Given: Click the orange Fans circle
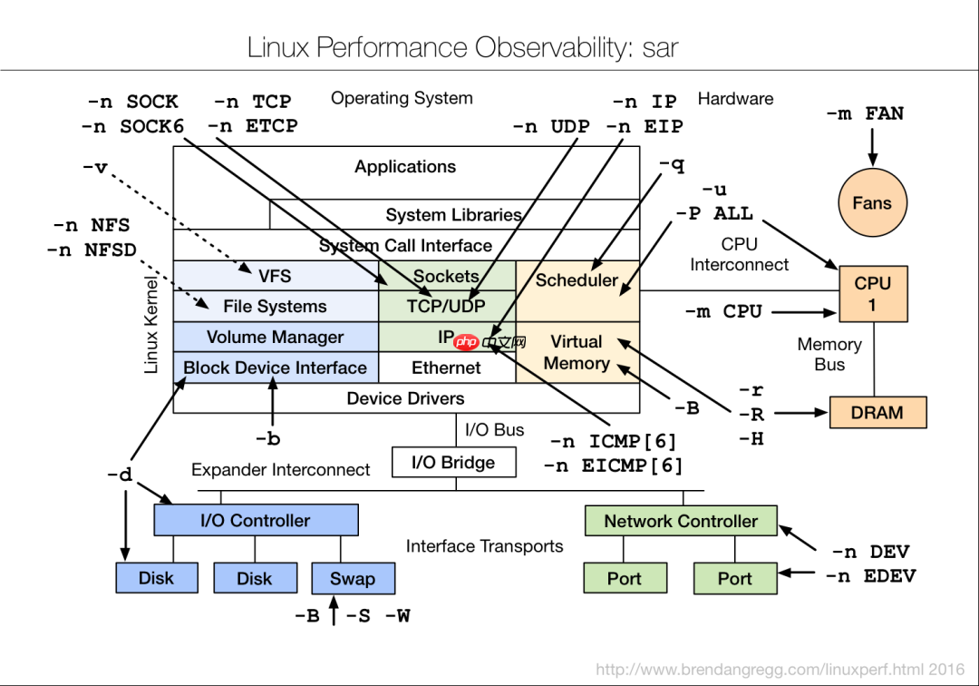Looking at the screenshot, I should [871, 203].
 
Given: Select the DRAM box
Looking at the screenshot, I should [877, 413].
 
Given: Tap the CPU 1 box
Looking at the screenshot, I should [873, 294].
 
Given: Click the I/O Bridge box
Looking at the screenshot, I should [453, 463].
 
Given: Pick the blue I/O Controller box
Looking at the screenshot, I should [256, 521].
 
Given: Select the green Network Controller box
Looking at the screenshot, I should [681, 522].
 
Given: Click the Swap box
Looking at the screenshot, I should [353, 579].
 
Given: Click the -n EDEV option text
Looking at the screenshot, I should [869, 576].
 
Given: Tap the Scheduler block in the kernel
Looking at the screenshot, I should [577, 280].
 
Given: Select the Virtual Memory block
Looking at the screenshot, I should [577, 352].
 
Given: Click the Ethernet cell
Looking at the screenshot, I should [446, 367].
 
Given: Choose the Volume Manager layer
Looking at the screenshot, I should [275, 337].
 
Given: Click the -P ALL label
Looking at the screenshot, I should [713, 214].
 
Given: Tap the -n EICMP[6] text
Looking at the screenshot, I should [613, 465].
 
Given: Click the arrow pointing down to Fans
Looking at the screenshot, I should [871, 145].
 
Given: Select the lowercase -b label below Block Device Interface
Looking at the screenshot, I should [267, 439].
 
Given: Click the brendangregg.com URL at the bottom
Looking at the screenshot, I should [780, 671].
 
